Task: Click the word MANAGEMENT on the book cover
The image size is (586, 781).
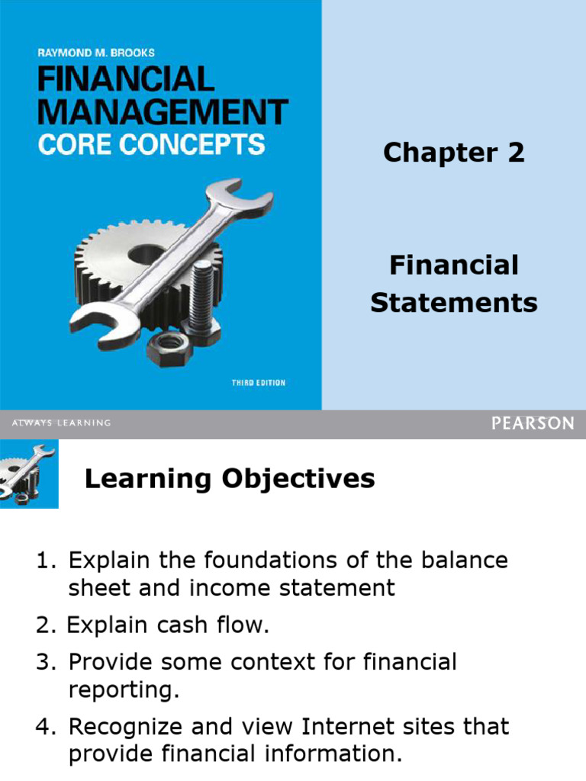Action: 163,111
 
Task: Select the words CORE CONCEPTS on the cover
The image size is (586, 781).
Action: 151,144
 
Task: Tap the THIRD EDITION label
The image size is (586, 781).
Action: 258,383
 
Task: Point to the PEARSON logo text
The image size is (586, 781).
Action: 533,423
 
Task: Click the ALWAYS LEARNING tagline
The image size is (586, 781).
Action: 61,423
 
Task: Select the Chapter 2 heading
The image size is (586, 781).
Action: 453,153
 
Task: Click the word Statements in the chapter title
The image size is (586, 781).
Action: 453,303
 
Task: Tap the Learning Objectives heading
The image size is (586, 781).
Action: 230,479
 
